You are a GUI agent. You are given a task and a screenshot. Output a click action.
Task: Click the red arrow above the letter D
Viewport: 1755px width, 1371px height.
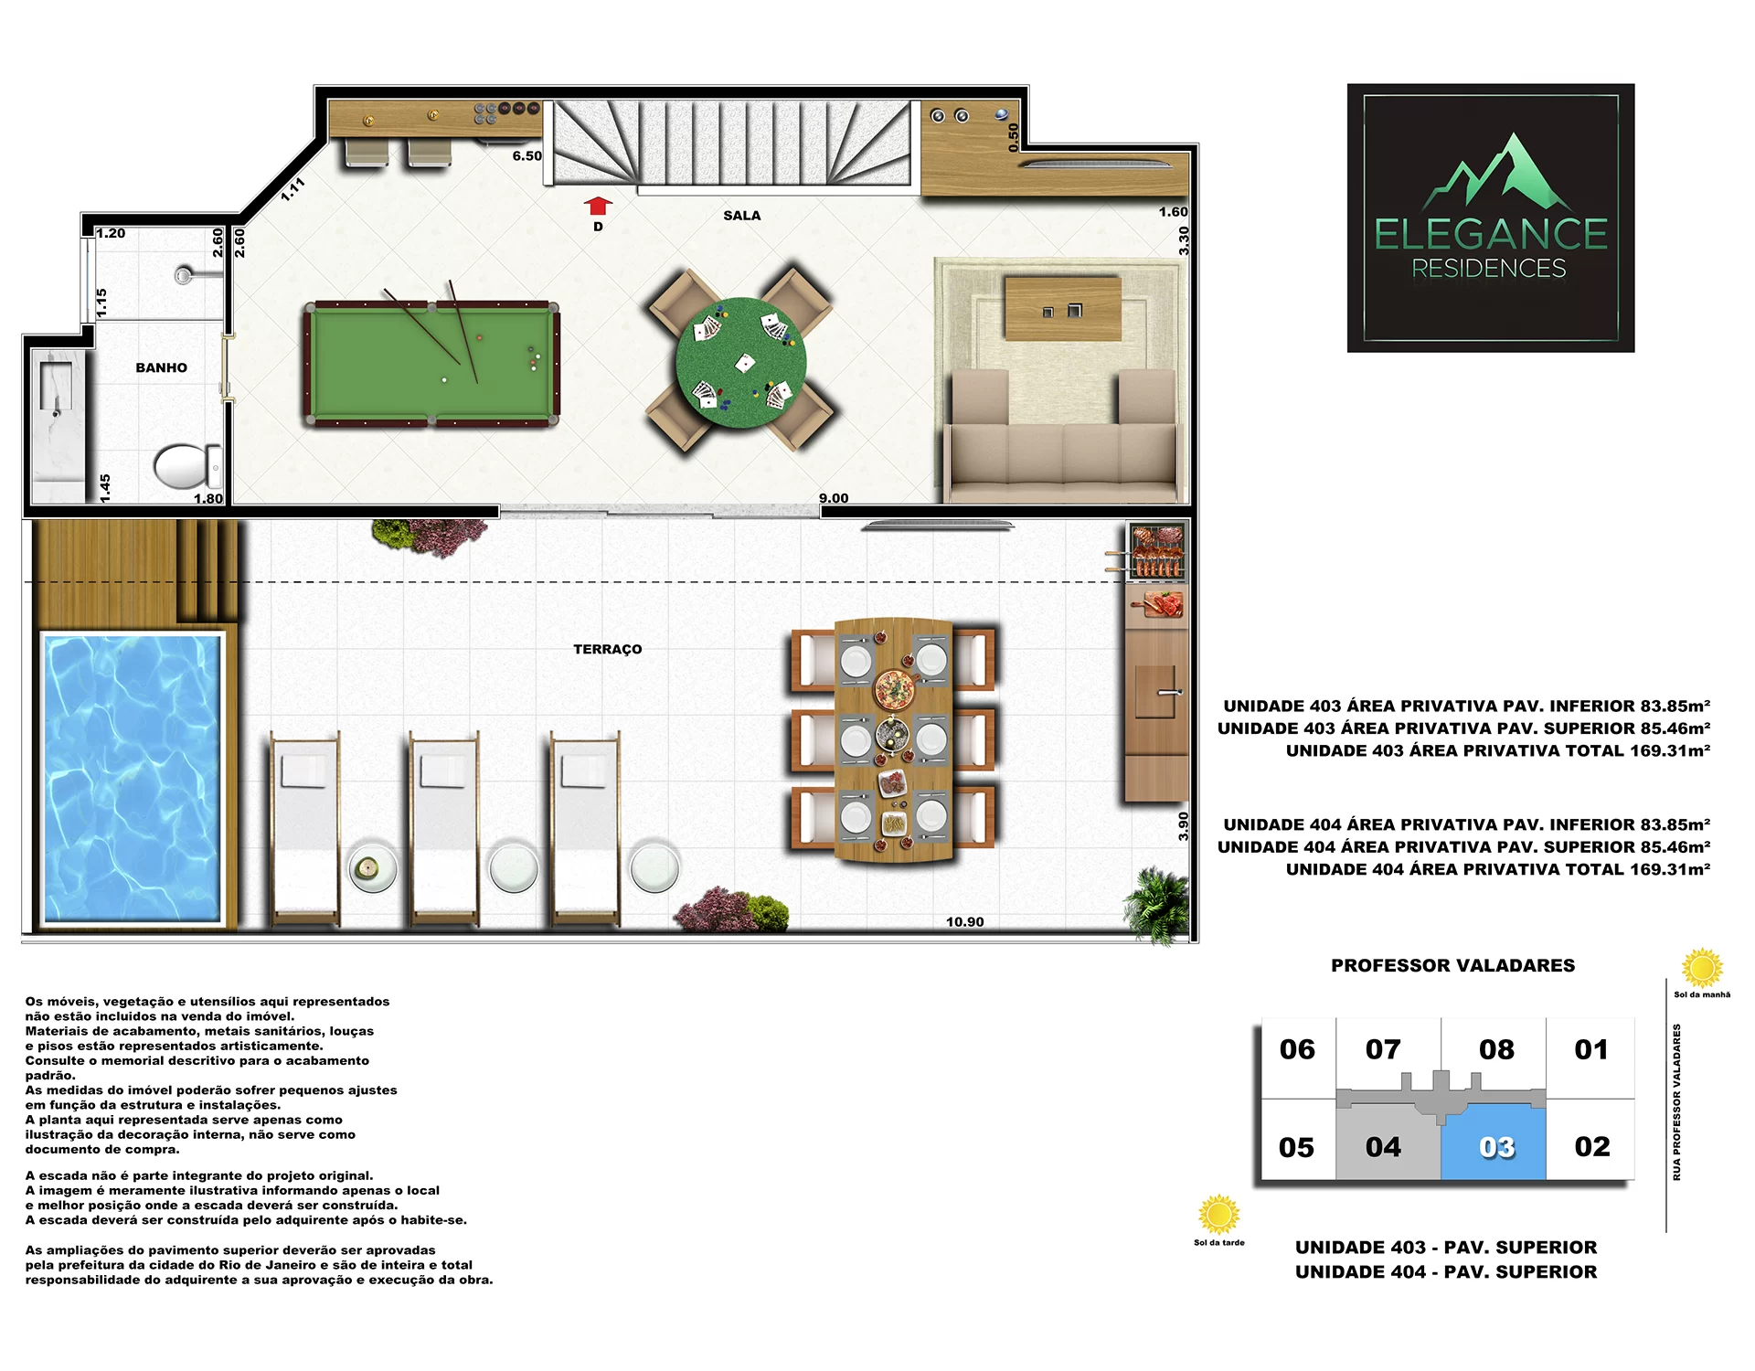[599, 206]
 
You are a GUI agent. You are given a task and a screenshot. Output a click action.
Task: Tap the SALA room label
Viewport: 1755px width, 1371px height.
[741, 216]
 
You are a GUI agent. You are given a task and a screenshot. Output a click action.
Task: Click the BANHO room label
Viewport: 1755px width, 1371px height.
[161, 367]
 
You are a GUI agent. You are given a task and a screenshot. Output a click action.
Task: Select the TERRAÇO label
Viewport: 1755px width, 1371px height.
[607, 649]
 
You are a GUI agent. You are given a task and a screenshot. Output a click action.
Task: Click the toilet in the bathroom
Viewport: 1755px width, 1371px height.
[187, 466]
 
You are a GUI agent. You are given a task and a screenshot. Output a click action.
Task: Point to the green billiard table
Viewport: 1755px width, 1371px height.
[431, 364]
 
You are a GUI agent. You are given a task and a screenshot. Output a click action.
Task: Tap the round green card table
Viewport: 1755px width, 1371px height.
[740, 362]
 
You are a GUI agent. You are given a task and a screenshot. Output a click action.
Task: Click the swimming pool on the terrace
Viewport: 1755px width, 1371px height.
[132, 778]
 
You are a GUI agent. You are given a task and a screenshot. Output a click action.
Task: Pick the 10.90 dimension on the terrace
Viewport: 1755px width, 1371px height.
[964, 921]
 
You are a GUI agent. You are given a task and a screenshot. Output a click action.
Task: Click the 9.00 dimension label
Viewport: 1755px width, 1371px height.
[834, 498]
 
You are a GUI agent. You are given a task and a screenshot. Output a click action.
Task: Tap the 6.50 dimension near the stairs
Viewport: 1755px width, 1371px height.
[526, 156]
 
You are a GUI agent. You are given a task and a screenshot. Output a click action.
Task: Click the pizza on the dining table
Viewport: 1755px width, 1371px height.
[895, 688]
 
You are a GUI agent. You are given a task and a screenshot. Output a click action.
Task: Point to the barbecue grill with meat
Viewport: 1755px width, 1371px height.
[1156, 552]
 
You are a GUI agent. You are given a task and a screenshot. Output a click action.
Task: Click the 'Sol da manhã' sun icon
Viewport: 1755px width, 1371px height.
[1702, 968]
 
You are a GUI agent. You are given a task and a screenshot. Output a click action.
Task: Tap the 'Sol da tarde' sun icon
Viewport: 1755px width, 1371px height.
[1218, 1215]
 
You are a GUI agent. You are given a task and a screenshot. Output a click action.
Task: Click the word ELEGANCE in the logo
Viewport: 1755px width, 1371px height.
[1491, 234]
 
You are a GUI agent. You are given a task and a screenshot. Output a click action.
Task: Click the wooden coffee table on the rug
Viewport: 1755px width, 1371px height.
[1063, 309]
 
